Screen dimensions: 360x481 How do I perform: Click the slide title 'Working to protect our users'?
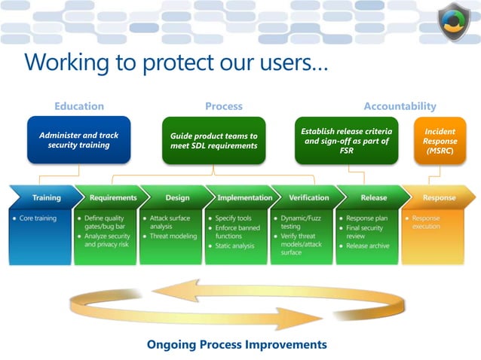tap(176, 62)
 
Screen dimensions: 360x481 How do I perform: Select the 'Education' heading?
tap(79, 106)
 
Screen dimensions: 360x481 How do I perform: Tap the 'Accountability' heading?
tap(400, 106)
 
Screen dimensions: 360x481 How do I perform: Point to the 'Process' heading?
tap(224, 106)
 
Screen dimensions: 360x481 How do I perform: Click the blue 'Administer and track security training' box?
tap(79, 140)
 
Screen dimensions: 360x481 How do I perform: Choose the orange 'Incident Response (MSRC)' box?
tap(440, 141)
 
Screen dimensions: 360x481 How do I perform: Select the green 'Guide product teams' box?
tap(214, 141)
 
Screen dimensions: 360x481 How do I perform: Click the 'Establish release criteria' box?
tap(348, 140)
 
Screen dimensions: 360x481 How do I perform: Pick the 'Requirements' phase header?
tap(113, 198)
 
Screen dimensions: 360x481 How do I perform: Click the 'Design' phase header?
tap(177, 198)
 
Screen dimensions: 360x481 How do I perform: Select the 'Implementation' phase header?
tap(244, 198)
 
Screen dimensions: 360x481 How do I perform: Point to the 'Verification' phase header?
tap(308, 198)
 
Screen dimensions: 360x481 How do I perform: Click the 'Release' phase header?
tap(374, 198)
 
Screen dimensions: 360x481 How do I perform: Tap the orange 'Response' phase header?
tap(439, 198)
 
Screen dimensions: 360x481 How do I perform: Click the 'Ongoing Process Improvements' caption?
tap(237, 344)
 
